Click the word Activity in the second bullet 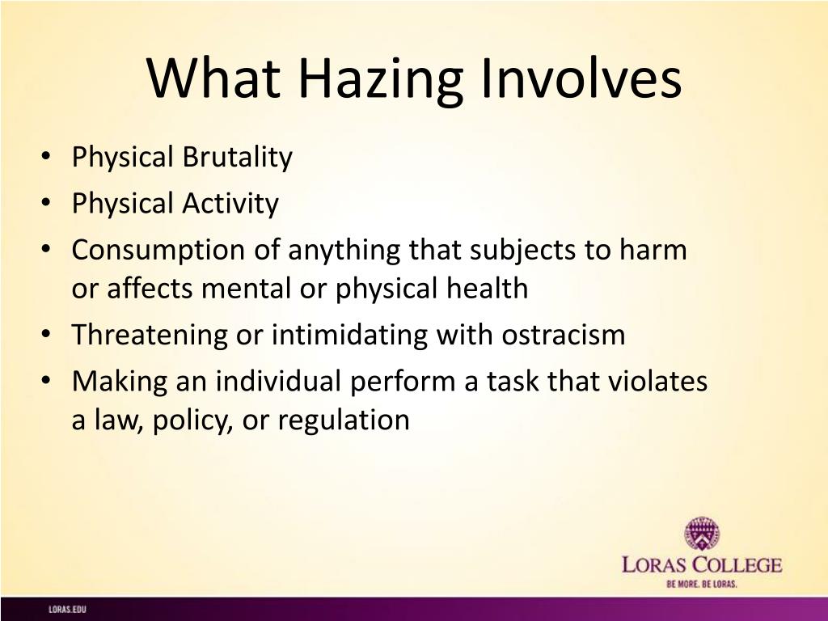(x=230, y=204)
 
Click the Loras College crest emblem (x=702, y=534)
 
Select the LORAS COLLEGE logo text (x=702, y=565)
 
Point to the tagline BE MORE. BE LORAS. (x=702, y=584)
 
